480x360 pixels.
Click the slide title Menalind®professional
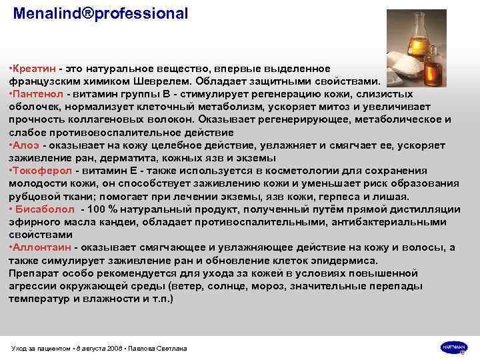(x=101, y=13)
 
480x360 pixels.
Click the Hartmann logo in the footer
(x=454, y=347)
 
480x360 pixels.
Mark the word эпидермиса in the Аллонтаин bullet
(x=346, y=261)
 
